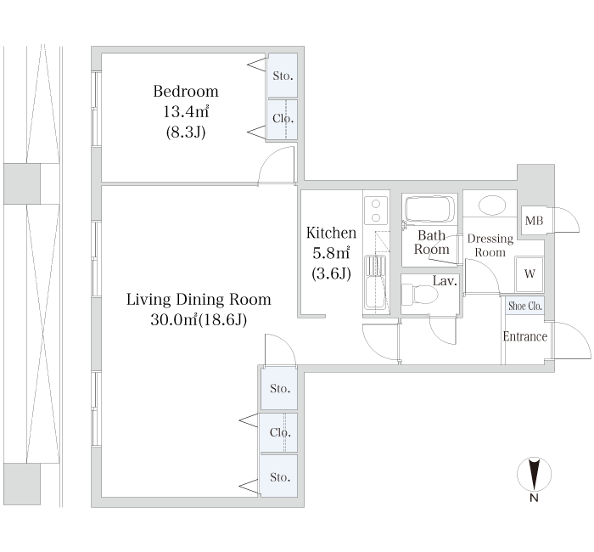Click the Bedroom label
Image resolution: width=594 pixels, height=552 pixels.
186,92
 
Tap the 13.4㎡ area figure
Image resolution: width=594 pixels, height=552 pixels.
186,112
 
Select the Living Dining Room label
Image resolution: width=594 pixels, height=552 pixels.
199,300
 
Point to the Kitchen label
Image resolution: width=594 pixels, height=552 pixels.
331,233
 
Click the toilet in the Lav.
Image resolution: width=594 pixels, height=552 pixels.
419,294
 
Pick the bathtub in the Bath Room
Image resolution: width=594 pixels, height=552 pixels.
429,209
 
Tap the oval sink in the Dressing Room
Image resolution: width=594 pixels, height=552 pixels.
491,206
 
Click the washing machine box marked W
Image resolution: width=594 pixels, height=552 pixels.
530,273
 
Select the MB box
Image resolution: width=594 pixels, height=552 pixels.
534,220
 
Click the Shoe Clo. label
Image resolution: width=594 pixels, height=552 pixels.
525,306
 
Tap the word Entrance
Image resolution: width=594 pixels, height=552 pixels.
525,336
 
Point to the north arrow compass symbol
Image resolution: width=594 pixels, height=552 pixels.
534,475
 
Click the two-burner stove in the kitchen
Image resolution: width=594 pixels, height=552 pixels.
376,210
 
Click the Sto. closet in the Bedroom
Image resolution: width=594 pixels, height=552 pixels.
283,76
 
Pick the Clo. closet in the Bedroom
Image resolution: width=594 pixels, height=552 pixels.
283,119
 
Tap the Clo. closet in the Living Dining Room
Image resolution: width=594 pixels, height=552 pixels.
278,432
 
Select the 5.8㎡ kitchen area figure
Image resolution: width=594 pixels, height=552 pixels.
331,253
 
